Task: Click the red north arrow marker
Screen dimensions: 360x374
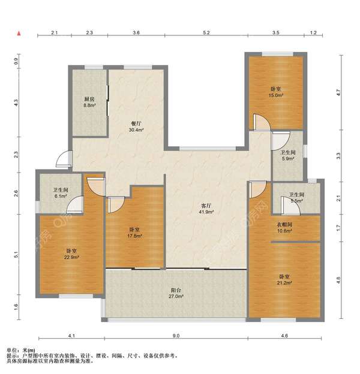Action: (19, 34)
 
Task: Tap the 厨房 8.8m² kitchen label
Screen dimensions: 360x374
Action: (89, 102)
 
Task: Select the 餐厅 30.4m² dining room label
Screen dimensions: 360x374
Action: (136, 126)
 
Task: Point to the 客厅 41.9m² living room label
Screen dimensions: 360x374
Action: (206, 209)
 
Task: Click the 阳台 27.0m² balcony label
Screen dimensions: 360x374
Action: (176, 293)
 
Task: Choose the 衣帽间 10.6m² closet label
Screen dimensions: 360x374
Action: (284, 228)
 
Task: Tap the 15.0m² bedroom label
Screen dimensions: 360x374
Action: (276, 92)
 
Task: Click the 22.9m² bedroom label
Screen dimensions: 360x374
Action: (71, 254)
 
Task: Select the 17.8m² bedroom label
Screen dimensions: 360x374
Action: (134, 233)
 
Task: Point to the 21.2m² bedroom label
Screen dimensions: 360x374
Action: (285, 280)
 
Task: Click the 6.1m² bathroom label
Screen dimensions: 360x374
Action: (61, 193)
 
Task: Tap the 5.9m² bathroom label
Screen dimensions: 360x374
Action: (288, 155)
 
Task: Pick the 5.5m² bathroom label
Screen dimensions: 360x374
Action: (297, 198)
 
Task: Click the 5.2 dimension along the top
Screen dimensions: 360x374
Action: (206, 33)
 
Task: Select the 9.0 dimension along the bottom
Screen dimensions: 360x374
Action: (176, 336)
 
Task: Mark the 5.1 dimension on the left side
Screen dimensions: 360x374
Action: (16, 255)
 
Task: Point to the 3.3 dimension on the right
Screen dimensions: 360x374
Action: (338, 156)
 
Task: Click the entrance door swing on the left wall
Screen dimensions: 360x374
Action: (62, 159)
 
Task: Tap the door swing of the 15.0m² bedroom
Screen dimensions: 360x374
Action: (262, 122)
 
